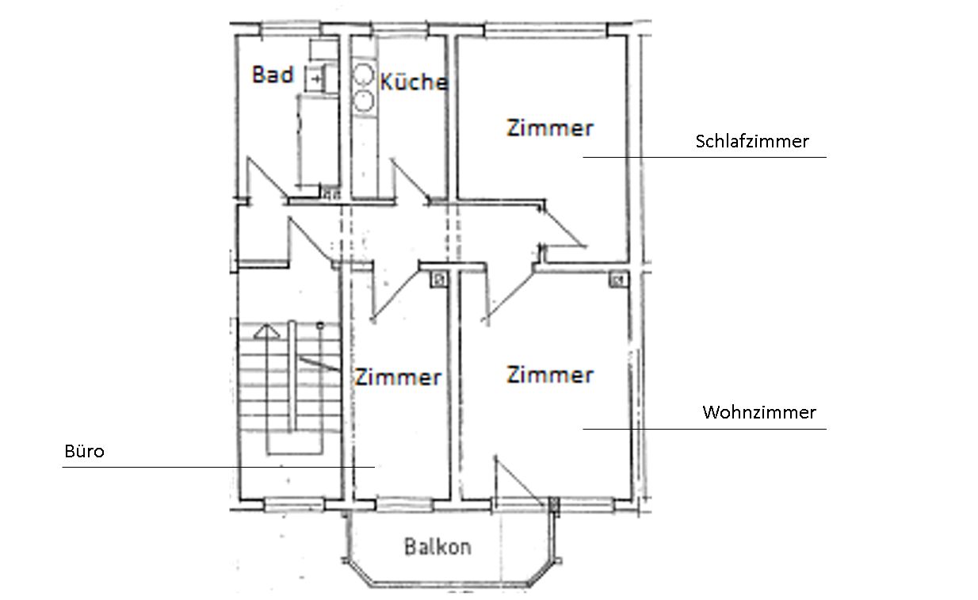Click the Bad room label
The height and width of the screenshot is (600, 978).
click(x=273, y=75)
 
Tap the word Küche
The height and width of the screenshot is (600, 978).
click(x=413, y=82)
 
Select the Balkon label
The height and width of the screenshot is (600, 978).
click(x=437, y=546)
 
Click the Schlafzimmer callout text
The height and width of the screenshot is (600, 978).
click(x=751, y=141)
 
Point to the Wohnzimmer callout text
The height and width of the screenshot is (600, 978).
click(x=758, y=412)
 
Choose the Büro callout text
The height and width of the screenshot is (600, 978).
click(x=84, y=452)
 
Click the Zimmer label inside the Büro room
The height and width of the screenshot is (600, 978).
click(x=397, y=377)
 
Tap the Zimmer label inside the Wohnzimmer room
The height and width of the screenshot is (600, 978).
click(x=550, y=374)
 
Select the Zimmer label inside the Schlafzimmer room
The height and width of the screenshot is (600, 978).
click(x=550, y=128)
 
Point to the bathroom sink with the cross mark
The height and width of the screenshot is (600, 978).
click(x=318, y=78)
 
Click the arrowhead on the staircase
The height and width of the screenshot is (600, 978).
click(x=268, y=330)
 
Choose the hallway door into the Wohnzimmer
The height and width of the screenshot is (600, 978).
click(x=508, y=292)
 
